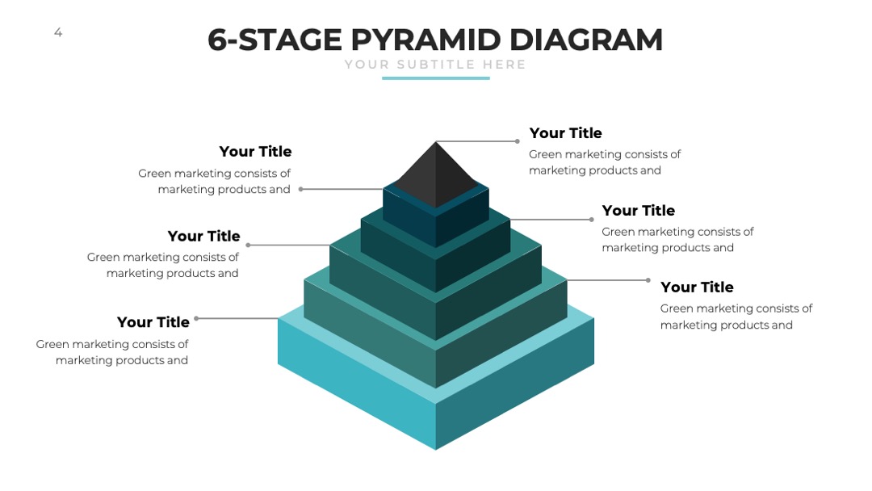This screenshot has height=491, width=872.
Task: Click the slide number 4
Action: [58, 33]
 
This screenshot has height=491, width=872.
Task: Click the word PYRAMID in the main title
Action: [426, 40]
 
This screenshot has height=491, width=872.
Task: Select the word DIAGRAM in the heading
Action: [585, 40]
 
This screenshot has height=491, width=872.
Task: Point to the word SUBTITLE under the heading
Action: [436, 65]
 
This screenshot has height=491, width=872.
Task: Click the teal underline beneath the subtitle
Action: [436, 78]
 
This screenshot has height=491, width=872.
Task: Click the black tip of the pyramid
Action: [436, 174]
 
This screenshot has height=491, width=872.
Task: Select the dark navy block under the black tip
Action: [436, 217]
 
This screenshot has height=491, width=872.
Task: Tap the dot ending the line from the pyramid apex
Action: [518, 141]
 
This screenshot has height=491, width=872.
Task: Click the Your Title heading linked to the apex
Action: [565, 133]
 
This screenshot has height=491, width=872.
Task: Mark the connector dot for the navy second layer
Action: [301, 189]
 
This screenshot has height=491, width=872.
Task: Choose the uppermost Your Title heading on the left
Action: [255, 151]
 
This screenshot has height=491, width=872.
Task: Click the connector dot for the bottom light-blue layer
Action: [196, 319]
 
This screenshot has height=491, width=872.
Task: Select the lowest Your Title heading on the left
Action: [153, 322]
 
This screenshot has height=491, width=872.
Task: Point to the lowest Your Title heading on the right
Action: [697, 287]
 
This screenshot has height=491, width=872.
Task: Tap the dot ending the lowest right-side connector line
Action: [648, 280]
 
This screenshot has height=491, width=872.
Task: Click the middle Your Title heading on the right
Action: [639, 210]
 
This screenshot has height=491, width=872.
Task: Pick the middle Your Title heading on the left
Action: [204, 237]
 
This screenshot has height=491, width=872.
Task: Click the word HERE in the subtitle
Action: [505, 65]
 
